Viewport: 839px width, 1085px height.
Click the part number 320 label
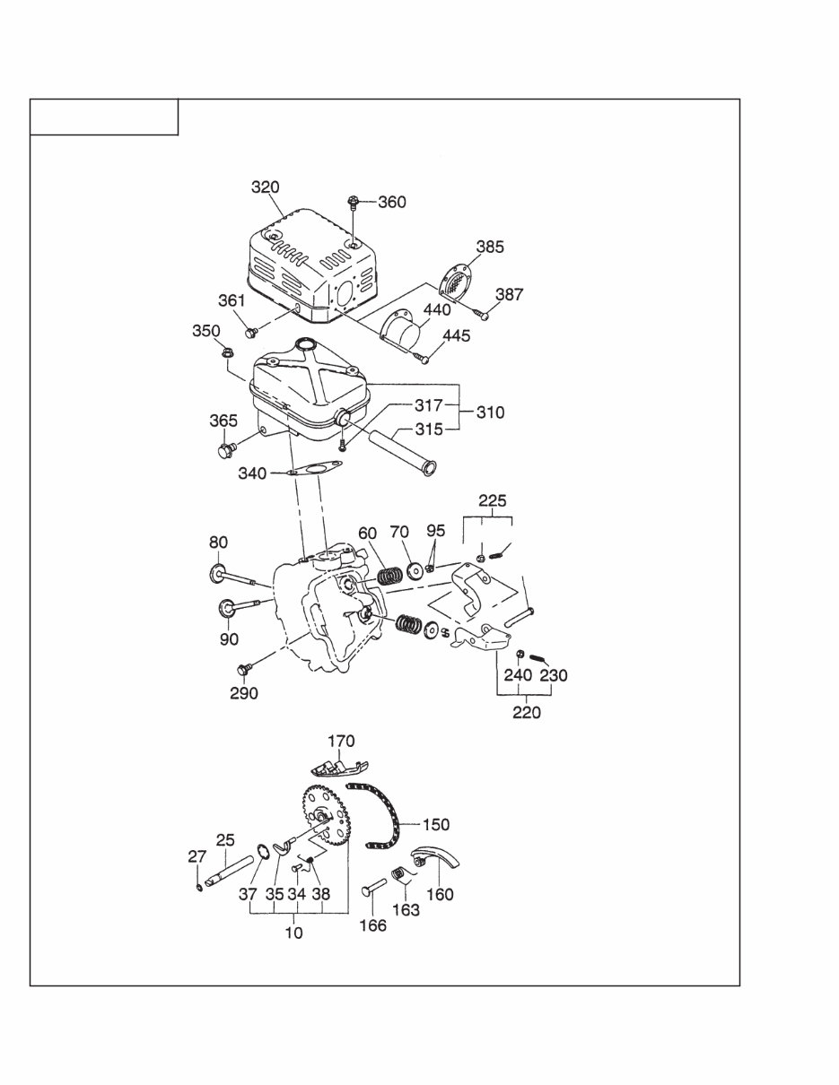265,187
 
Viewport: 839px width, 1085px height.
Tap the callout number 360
391,202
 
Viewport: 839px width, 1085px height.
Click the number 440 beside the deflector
437,309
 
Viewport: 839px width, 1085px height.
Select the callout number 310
490,412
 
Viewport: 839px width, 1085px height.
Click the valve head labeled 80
218,573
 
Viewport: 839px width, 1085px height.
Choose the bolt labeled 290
241,668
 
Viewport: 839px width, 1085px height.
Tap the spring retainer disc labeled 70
415,569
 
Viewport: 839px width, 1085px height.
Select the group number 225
492,500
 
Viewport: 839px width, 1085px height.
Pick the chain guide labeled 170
336,768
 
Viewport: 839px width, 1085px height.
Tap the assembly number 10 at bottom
293,933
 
